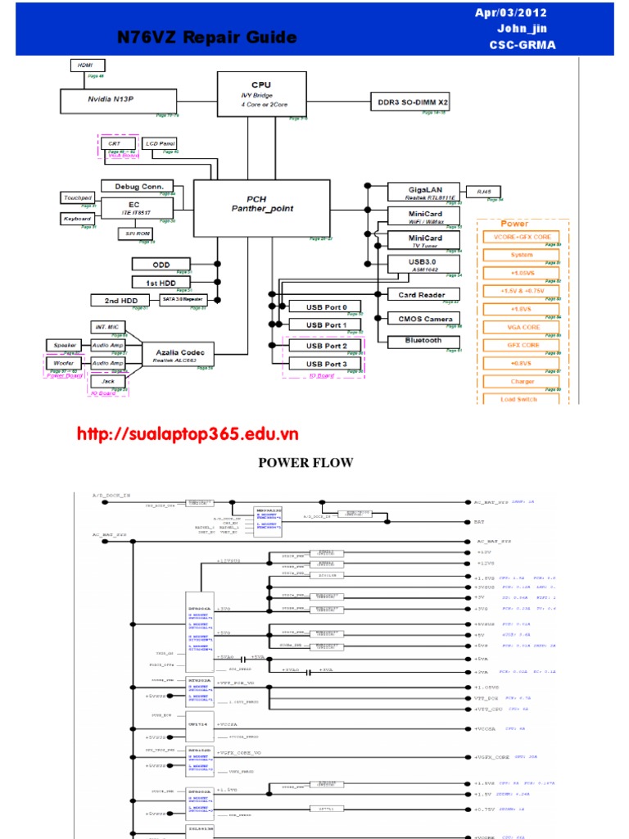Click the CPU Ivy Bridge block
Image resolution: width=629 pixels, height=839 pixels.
pyautogui.click(x=261, y=94)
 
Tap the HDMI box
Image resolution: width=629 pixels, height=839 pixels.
pyautogui.click(x=85, y=66)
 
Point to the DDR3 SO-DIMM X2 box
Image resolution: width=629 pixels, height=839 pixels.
pyautogui.click(x=412, y=102)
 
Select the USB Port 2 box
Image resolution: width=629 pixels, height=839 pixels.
pyautogui.click(x=327, y=345)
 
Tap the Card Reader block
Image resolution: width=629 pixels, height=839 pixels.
pyautogui.click(x=422, y=294)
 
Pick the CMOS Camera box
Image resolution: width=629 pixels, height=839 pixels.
pyautogui.click(x=422, y=318)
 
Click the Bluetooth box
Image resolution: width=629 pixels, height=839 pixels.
pyautogui.click(x=423, y=340)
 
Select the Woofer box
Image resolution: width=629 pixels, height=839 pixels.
pyautogui.click(x=64, y=363)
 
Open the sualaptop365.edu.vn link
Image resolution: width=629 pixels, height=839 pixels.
pyautogui.click(x=188, y=434)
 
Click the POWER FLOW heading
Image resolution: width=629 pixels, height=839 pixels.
pyautogui.click(x=305, y=463)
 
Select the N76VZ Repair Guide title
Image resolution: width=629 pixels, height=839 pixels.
pyautogui.click(x=207, y=38)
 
